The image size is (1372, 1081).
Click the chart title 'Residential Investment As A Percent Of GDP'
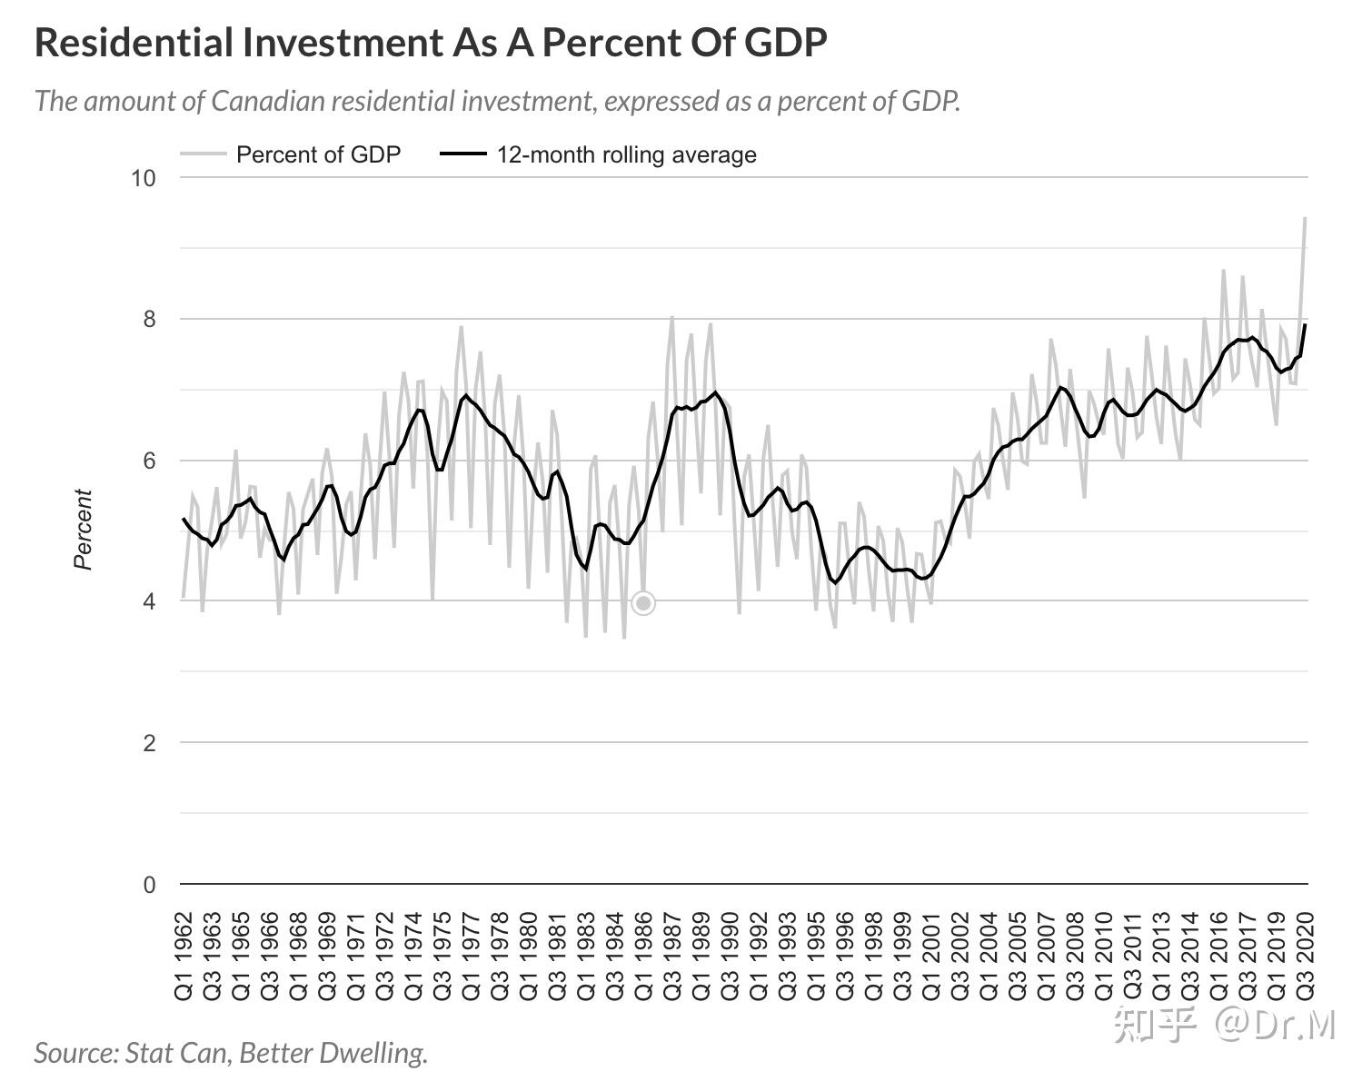[431, 43]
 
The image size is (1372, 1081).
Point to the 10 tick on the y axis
[143, 178]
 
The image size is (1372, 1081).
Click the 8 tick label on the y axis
[149, 319]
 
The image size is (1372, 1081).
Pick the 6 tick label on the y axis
[149, 461]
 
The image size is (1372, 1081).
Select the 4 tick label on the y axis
[149, 601]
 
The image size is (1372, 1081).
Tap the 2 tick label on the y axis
[149, 743]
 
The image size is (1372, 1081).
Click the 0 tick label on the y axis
[149, 885]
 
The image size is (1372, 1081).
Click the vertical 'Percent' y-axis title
[84, 530]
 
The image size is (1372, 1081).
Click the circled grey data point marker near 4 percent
[643, 603]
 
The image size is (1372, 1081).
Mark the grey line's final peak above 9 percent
[1305, 218]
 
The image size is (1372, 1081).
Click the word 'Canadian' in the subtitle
[266, 101]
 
